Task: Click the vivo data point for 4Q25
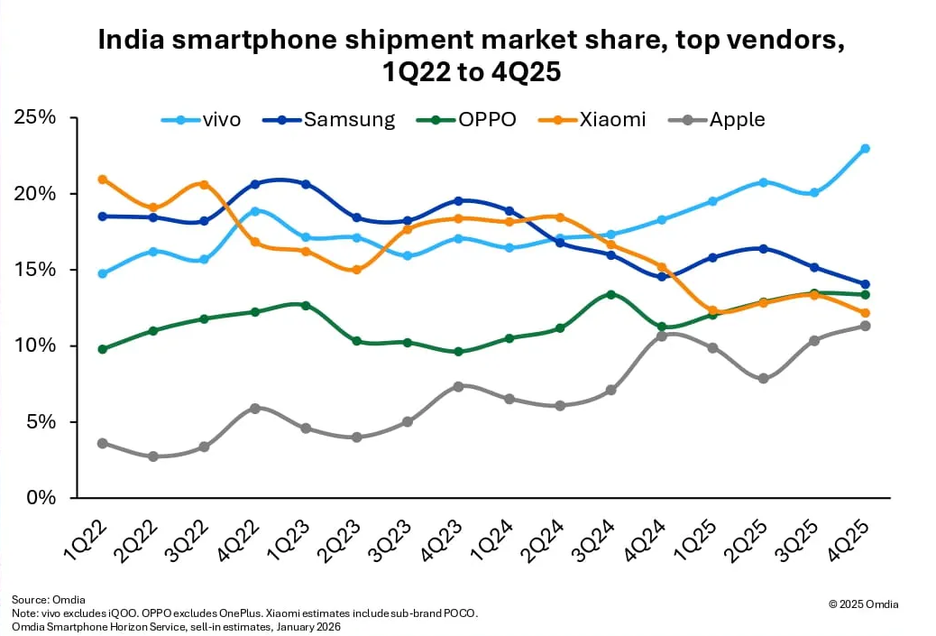point(865,148)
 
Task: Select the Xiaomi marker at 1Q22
point(103,180)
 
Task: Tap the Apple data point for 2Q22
point(153,456)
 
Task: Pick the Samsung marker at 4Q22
point(255,184)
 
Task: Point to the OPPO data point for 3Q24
point(610,295)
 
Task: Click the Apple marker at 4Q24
point(662,336)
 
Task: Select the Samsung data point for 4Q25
point(865,284)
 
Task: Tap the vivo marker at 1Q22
point(103,273)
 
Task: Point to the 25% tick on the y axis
point(34,118)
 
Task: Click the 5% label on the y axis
point(40,421)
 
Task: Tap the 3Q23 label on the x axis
point(396,538)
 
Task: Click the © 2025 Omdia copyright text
point(863,604)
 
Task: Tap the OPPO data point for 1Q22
point(103,349)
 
